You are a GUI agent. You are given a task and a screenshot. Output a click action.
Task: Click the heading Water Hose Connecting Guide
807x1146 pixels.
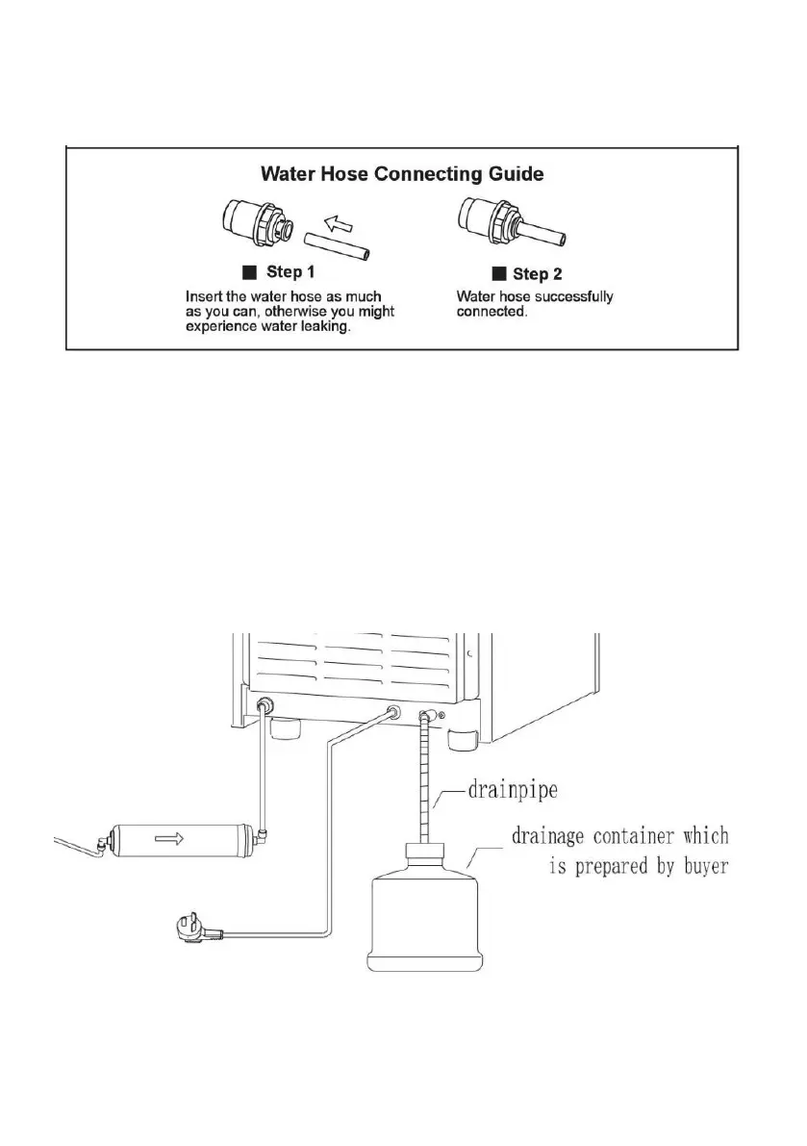(x=403, y=174)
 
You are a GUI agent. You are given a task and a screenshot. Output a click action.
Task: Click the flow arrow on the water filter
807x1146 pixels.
(x=166, y=838)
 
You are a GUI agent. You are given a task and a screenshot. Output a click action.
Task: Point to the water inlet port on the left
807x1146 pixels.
(x=264, y=704)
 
